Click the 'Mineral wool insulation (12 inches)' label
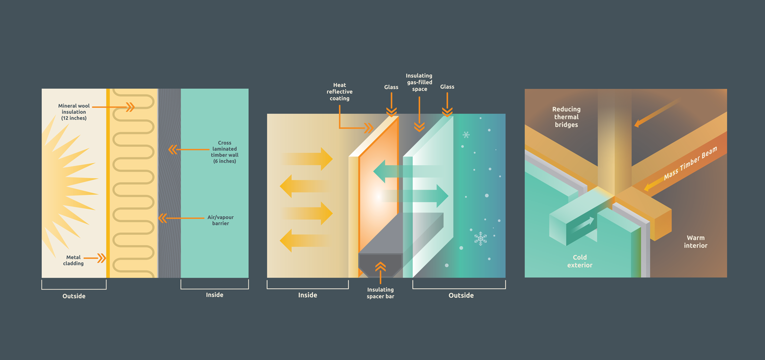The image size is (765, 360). click(74, 112)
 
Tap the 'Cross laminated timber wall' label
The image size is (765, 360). click(224, 152)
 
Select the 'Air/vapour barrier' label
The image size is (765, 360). click(221, 220)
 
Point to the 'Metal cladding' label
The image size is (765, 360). click(73, 261)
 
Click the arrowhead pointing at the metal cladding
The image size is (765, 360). click(102, 259)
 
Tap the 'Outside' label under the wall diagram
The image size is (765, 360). click(74, 296)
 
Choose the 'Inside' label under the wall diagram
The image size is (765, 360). click(215, 295)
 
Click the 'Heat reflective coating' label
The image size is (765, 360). click(340, 92)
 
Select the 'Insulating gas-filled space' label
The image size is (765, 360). click(419, 82)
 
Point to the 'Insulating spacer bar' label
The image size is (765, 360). click(380, 293)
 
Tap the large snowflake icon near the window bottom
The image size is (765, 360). click(480, 238)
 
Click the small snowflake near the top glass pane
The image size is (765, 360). click(466, 135)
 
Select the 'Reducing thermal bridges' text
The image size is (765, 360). click(566, 117)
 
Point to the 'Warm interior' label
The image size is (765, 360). click(696, 242)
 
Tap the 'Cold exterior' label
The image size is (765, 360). click(580, 261)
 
